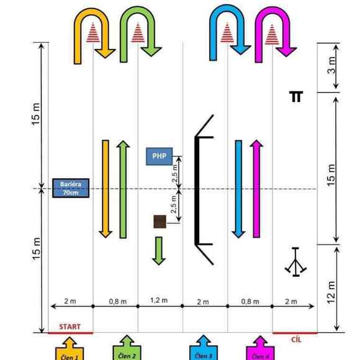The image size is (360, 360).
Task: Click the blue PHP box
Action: tap(160, 156)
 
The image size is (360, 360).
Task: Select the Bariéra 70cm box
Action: tap(71, 188)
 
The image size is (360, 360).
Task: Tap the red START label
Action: tap(70, 326)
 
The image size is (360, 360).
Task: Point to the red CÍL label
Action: tap(296, 340)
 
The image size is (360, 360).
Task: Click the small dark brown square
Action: tap(160, 222)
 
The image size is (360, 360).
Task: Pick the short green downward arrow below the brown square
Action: tap(159, 251)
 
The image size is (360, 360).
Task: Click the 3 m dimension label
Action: tap(331, 65)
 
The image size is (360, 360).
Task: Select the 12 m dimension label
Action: tap(331, 292)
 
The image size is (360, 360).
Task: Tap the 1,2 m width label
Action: tap(159, 300)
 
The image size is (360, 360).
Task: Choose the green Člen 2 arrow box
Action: tap(127, 348)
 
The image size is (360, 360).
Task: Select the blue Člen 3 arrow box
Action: tap(204, 348)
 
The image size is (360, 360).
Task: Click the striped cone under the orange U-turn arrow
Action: tap(93, 32)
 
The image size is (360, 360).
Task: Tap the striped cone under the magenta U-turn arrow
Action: tap(272, 34)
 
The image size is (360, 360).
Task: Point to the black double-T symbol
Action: tap(296, 96)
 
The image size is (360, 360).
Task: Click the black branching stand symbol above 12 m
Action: tap(295, 262)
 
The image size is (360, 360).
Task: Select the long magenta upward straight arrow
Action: tap(256, 189)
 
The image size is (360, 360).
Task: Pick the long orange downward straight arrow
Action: tap(106, 189)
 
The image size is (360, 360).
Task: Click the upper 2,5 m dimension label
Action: tap(174, 173)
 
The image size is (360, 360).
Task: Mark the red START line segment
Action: tap(71, 333)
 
